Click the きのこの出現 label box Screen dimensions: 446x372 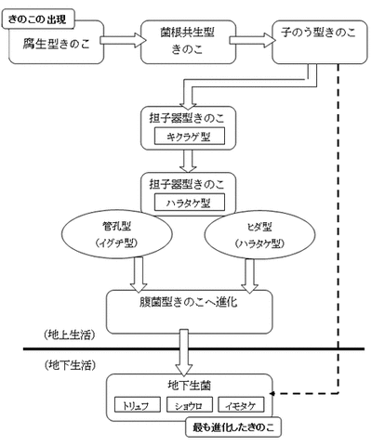41,18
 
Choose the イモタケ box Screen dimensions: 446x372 243,405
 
